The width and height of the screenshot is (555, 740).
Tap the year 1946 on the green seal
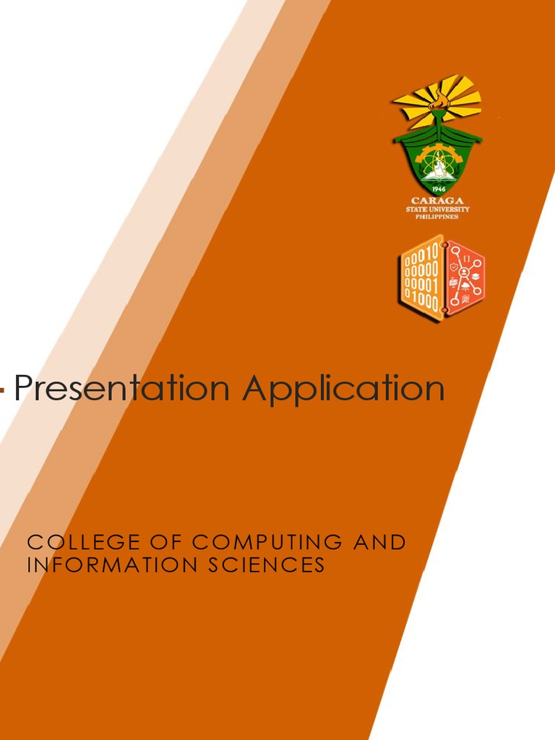click(x=438, y=189)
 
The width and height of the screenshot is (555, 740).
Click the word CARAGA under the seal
click(x=437, y=200)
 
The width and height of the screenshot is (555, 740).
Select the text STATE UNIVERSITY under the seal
click(x=437, y=209)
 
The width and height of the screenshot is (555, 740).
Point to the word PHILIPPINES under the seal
click(x=437, y=216)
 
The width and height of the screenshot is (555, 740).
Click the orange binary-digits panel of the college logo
click(x=422, y=278)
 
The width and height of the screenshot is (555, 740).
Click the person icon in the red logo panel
click(x=464, y=273)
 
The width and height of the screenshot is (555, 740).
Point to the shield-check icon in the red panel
click(x=453, y=267)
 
